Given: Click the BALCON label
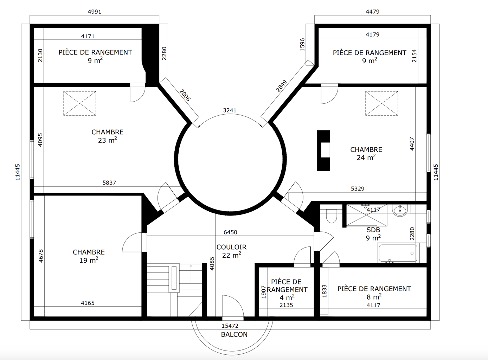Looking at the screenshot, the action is pyautogui.click(x=234, y=334).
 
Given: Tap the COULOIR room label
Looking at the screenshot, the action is pyautogui.click(x=231, y=247).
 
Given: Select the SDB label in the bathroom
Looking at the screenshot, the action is pyautogui.click(x=373, y=230).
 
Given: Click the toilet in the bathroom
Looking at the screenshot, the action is pyautogui.click(x=331, y=216).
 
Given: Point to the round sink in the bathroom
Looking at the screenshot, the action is pyautogui.click(x=400, y=211).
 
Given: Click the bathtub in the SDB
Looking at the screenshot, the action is pyautogui.click(x=398, y=253).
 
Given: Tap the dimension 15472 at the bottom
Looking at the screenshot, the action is pyautogui.click(x=230, y=326).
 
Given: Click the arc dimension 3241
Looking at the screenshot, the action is pyautogui.click(x=230, y=110).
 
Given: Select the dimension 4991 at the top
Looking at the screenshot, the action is pyautogui.click(x=95, y=12).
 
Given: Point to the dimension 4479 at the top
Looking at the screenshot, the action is pyautogui.click(x=373, y=12).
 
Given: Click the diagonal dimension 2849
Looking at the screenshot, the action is pyautogui.click(x=281, y=86).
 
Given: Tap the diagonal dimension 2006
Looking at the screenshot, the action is pyautogui.click(x=184, y=95).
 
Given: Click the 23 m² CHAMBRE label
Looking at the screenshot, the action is pyautogui.click(x=107, y=136).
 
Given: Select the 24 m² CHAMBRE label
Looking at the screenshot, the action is pyautogui.click(x=366, y=154).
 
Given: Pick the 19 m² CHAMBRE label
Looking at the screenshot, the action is pyautogui.click(x=89, y=256).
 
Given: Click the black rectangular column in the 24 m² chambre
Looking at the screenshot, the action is pyautogui.click(x=323, y=150).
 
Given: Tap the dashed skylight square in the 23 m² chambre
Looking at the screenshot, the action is pyautogui.click(x=80, y=103).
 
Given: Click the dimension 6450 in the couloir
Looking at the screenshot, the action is pyautogui.click(x=230, y=232).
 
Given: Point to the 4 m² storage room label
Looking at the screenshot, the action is pyautogui.click(x=287, y=290).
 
